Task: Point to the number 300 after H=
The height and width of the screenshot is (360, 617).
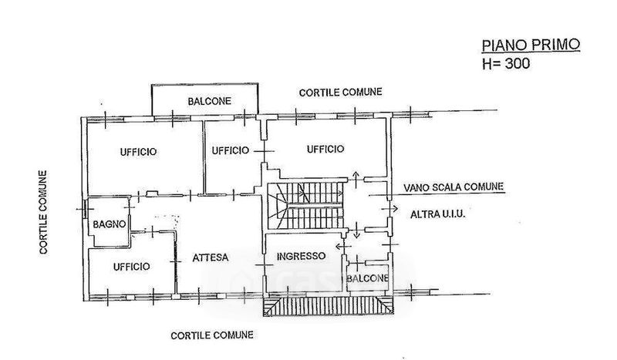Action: pos(516,66)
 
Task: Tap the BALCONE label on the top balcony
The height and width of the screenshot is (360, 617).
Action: pos(204,102)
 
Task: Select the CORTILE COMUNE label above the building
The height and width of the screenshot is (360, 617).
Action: pos(340,92)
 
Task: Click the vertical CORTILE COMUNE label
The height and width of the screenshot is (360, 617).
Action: pos(44,212)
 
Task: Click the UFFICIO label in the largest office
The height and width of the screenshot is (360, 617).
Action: pos(138,152)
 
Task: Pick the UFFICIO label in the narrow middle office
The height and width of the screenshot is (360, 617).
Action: pos(230,150)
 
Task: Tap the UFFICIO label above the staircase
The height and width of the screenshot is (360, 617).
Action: pos(325,149)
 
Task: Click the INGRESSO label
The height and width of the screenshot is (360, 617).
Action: pos(301,256)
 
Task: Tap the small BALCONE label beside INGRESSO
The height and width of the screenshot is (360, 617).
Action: pos(366,277)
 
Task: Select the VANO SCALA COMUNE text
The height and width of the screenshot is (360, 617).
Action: pos(453,187)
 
